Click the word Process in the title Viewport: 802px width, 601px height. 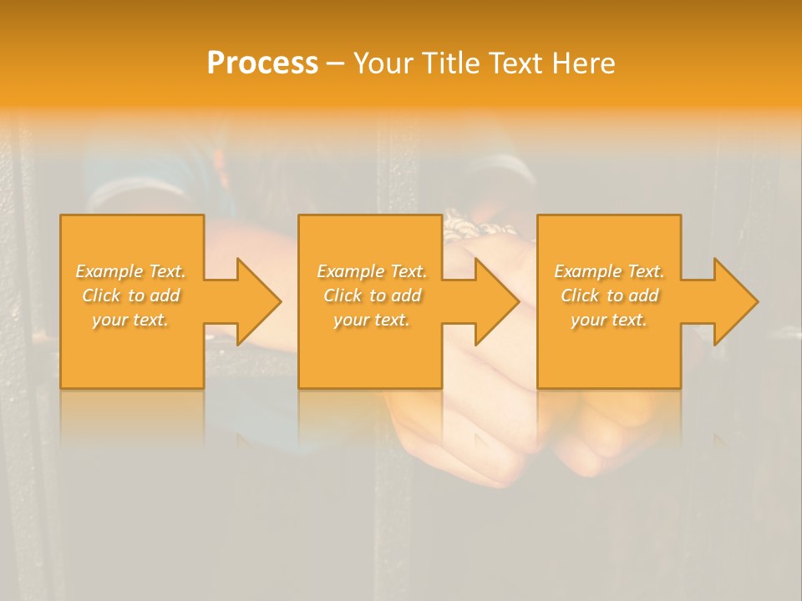pos(262,63)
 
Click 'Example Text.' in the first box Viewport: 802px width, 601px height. pos(131,271)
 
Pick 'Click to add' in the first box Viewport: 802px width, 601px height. pos(131,295)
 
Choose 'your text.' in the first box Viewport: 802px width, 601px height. pos(131,320)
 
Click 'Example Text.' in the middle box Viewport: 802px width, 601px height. pos(372,271)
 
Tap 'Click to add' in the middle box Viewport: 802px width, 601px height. pos(372,295)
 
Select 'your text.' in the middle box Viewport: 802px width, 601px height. pos(372,320)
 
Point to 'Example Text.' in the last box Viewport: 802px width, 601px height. pos(609,271)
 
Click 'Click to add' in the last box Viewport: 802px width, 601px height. pos(609,295)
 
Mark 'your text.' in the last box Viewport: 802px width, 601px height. pos(609,320)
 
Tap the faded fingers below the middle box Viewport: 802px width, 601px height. pos(451,442)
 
